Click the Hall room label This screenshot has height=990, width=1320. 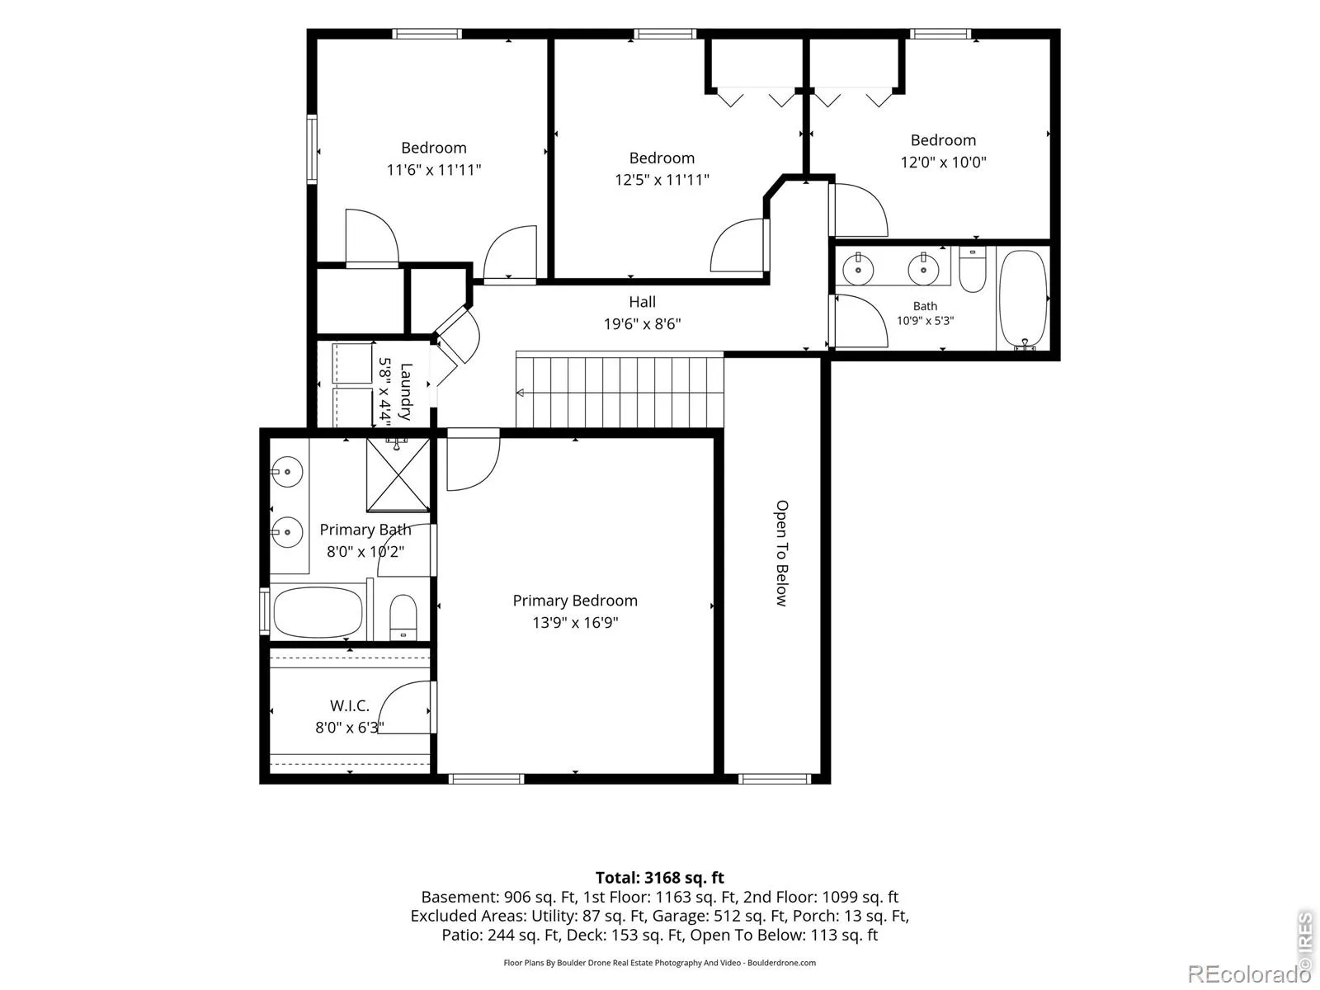click(x=642, y=302)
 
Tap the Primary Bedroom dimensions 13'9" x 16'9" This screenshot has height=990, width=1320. click(x=575, y=622)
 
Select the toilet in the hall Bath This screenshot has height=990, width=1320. click(x=973, y=270)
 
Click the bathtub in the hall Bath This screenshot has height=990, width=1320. click(x=1024, y=299)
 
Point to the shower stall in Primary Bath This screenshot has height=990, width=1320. click(x=398, y=475)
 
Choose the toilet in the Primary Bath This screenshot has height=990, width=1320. click(x=403, y=617)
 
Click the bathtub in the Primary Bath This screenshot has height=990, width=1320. click(x=318, y=612)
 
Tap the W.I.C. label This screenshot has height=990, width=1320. click(x=350, y=705)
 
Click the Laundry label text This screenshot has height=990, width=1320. click(x=406, y=392)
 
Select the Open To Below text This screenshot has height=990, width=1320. click(x=780, y=553)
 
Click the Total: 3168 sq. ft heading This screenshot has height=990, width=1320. click(x=660, y=878)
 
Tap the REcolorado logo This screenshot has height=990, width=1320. click(x=1248, y=973)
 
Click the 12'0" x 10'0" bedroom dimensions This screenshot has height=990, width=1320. click(x=943, y=162)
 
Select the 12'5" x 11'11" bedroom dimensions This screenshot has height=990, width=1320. click(x=662, y=180)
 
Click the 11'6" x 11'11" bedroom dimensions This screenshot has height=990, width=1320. click(x=434, y=169)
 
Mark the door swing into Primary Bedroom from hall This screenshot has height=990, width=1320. click(x=474, y=460)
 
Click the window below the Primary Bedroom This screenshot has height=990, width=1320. click(x=486, y=780)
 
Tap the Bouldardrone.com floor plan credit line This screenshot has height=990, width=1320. click(x=660, y=962)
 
